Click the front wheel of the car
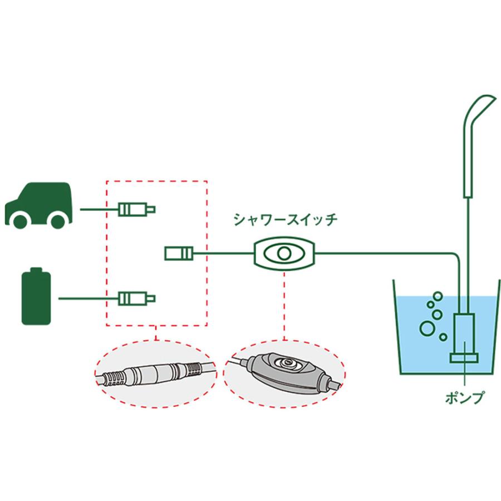(x=58, y=219)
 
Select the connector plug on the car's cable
(x=136, y=209)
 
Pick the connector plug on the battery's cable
(x=136, y=298)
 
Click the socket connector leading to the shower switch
(x=179, y=254)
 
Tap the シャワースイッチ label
(x=285, y=220)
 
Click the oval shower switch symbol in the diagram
(x=284, y=254)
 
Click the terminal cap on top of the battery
(x=36, y=270)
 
